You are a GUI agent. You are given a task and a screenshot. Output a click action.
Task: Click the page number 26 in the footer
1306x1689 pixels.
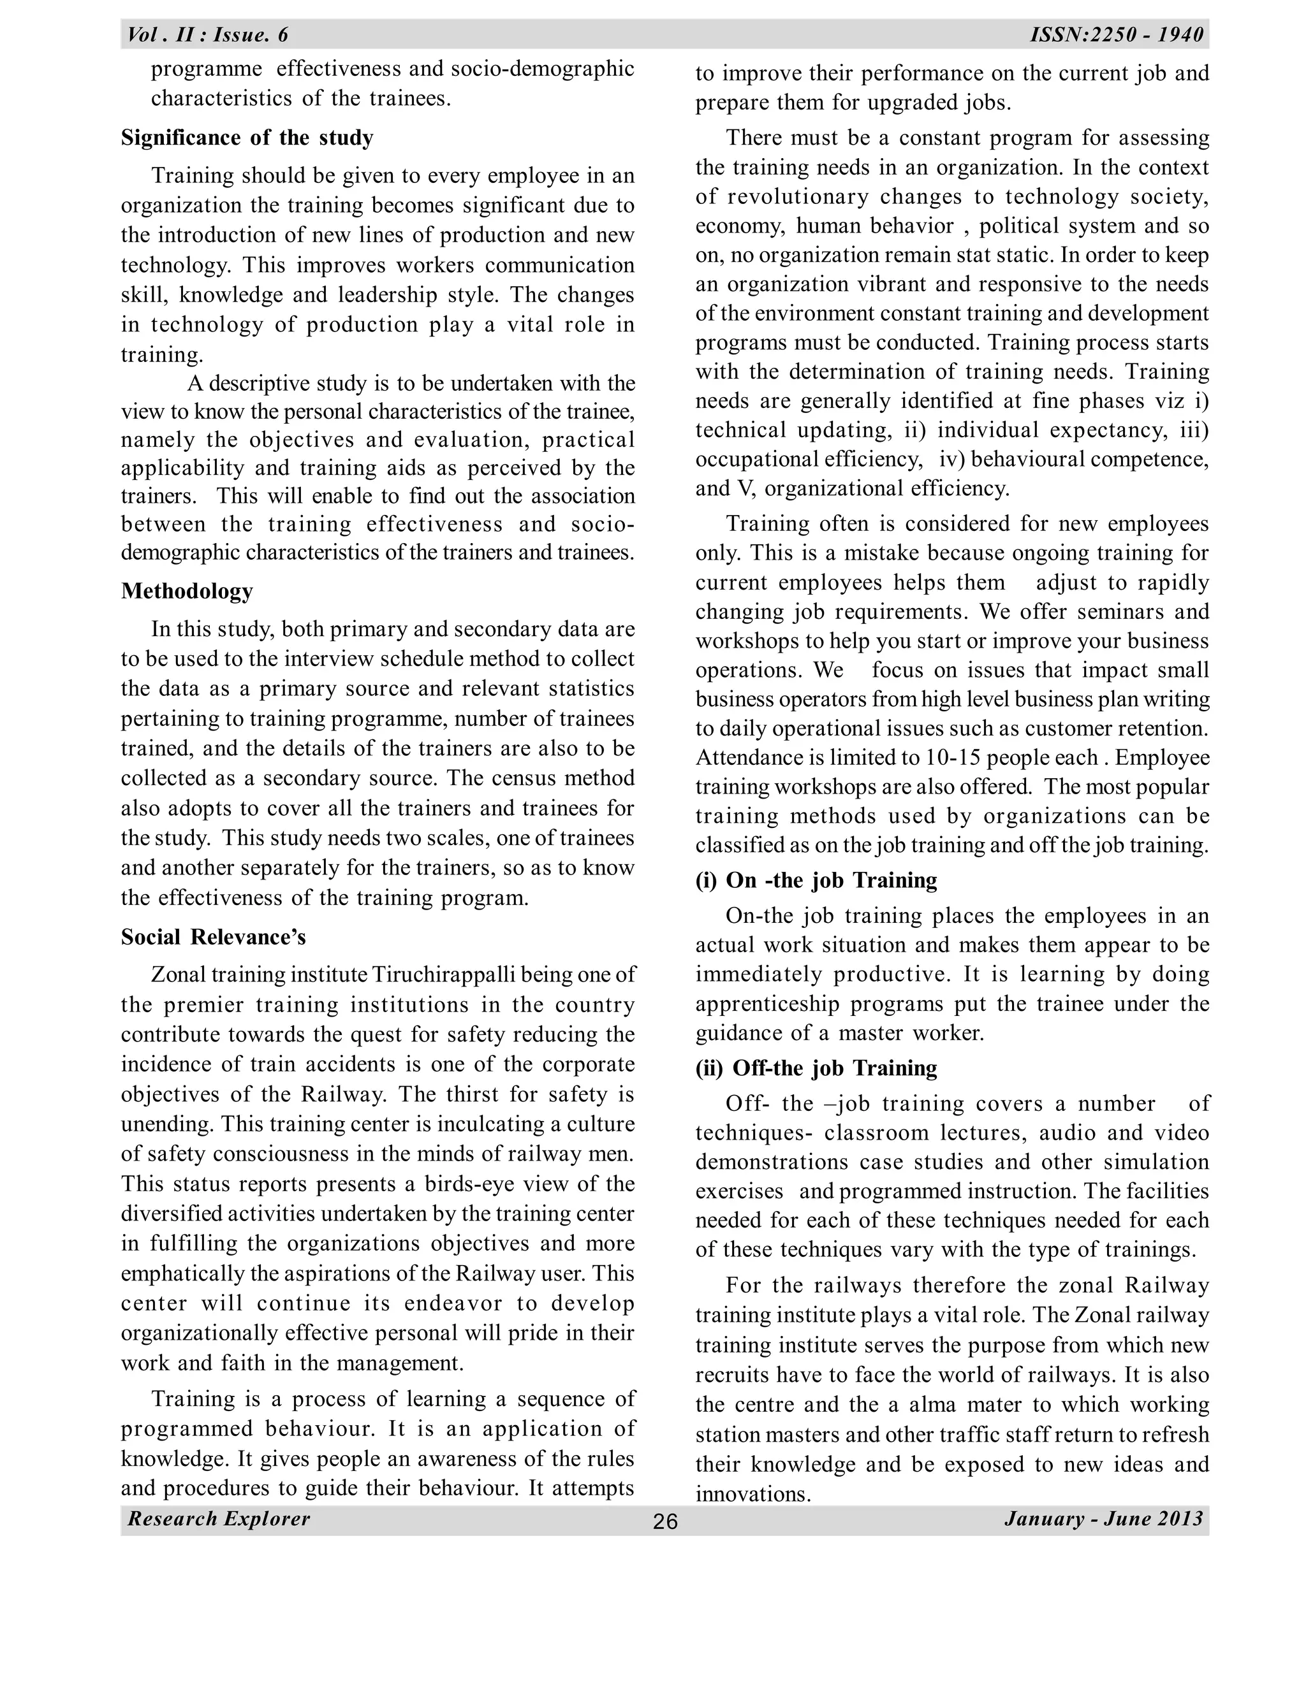[664, 1522]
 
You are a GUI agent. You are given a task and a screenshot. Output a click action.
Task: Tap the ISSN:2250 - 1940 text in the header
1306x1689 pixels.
[1117, 35]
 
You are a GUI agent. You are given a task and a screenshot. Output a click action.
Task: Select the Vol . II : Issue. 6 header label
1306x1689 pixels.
[207, 35]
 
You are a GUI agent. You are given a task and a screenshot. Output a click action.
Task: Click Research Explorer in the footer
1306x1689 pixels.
[219, 1519]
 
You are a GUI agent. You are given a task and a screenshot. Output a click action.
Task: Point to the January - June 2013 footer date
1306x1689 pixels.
[1104, 1519]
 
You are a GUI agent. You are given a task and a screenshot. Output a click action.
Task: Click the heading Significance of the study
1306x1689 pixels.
[247, 138]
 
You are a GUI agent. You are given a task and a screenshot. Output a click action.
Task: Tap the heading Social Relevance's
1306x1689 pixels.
[213, 938]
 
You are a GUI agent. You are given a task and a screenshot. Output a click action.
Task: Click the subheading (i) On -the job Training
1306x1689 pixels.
[816, 880]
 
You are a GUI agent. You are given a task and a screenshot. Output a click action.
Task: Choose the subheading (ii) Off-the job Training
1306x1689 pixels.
[816, 1068]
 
